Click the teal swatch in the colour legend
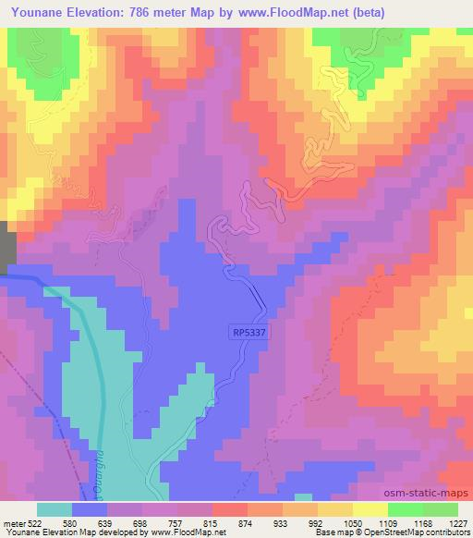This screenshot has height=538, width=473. click(55, 510)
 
